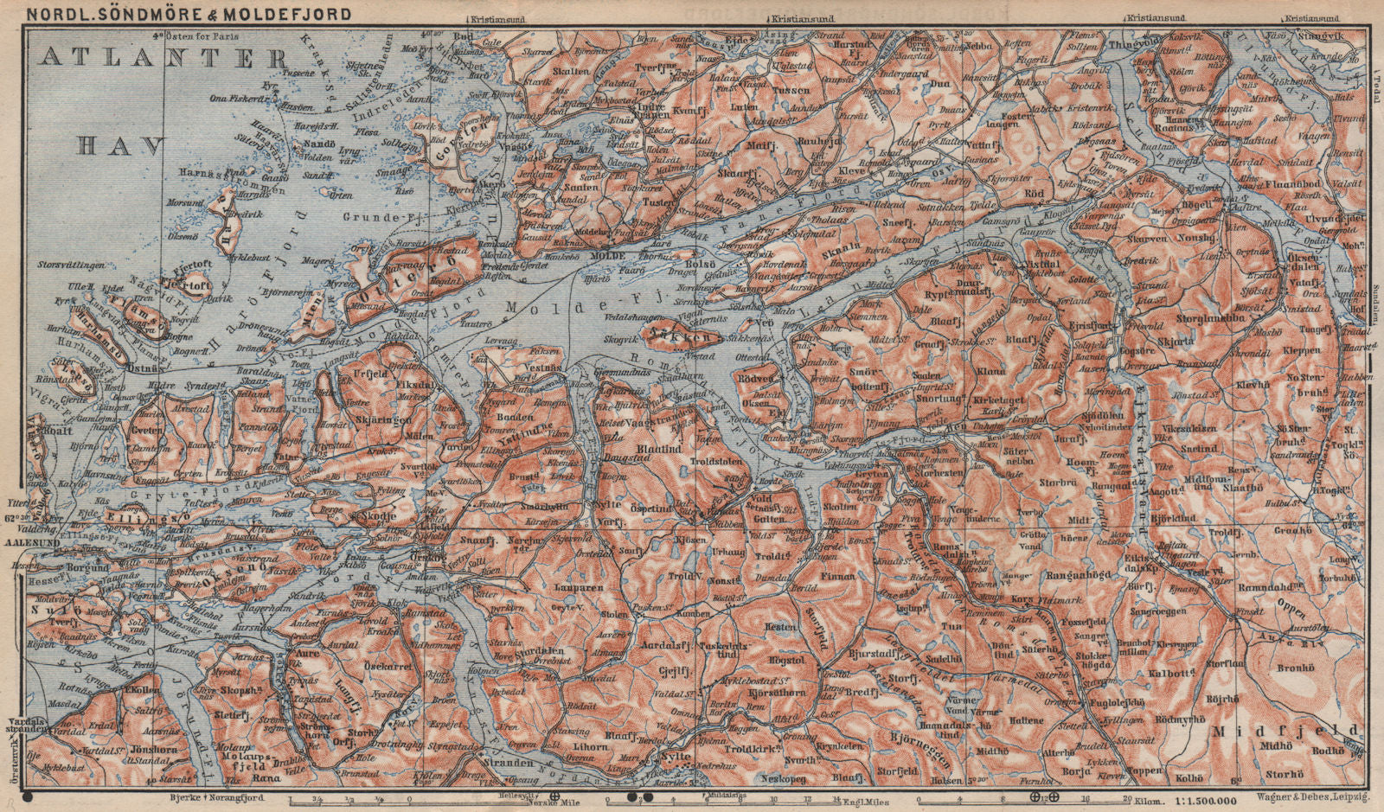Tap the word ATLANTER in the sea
[164, 59]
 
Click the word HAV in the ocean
[120, 146]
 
